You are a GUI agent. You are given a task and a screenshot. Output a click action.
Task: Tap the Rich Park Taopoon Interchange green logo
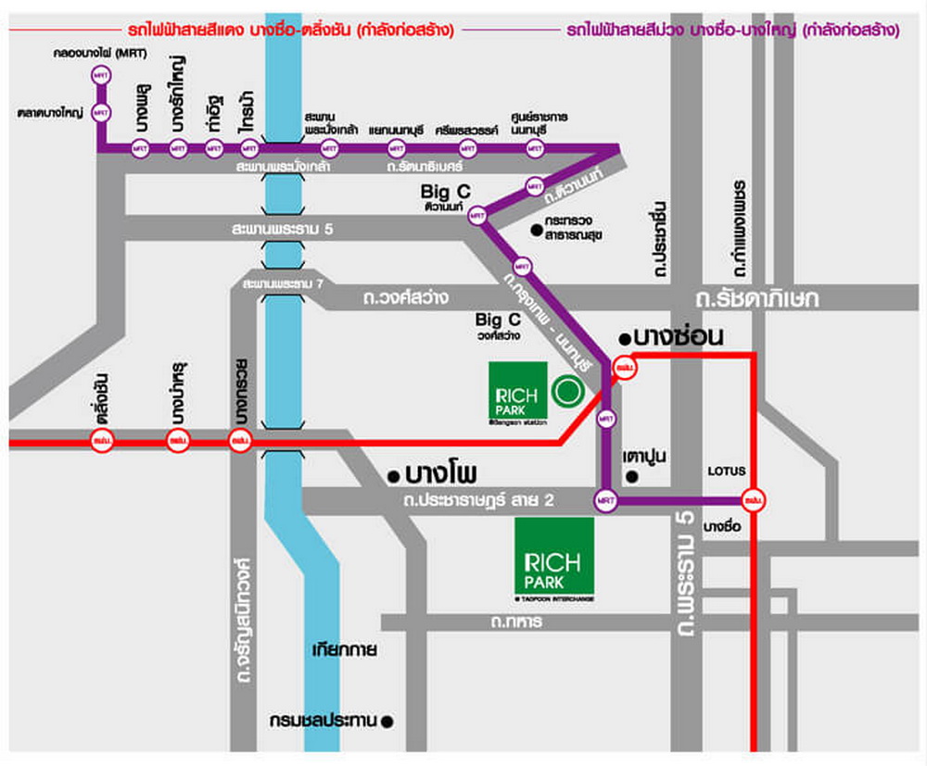554,561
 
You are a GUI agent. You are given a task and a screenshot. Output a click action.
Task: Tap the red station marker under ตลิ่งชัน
102,443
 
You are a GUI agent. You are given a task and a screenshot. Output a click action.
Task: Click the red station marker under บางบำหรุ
177,443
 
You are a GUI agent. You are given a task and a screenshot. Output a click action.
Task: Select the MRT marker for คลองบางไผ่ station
100,74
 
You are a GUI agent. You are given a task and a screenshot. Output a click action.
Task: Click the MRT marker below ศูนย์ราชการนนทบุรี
532,148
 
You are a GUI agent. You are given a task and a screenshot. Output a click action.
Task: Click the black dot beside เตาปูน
632,477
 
